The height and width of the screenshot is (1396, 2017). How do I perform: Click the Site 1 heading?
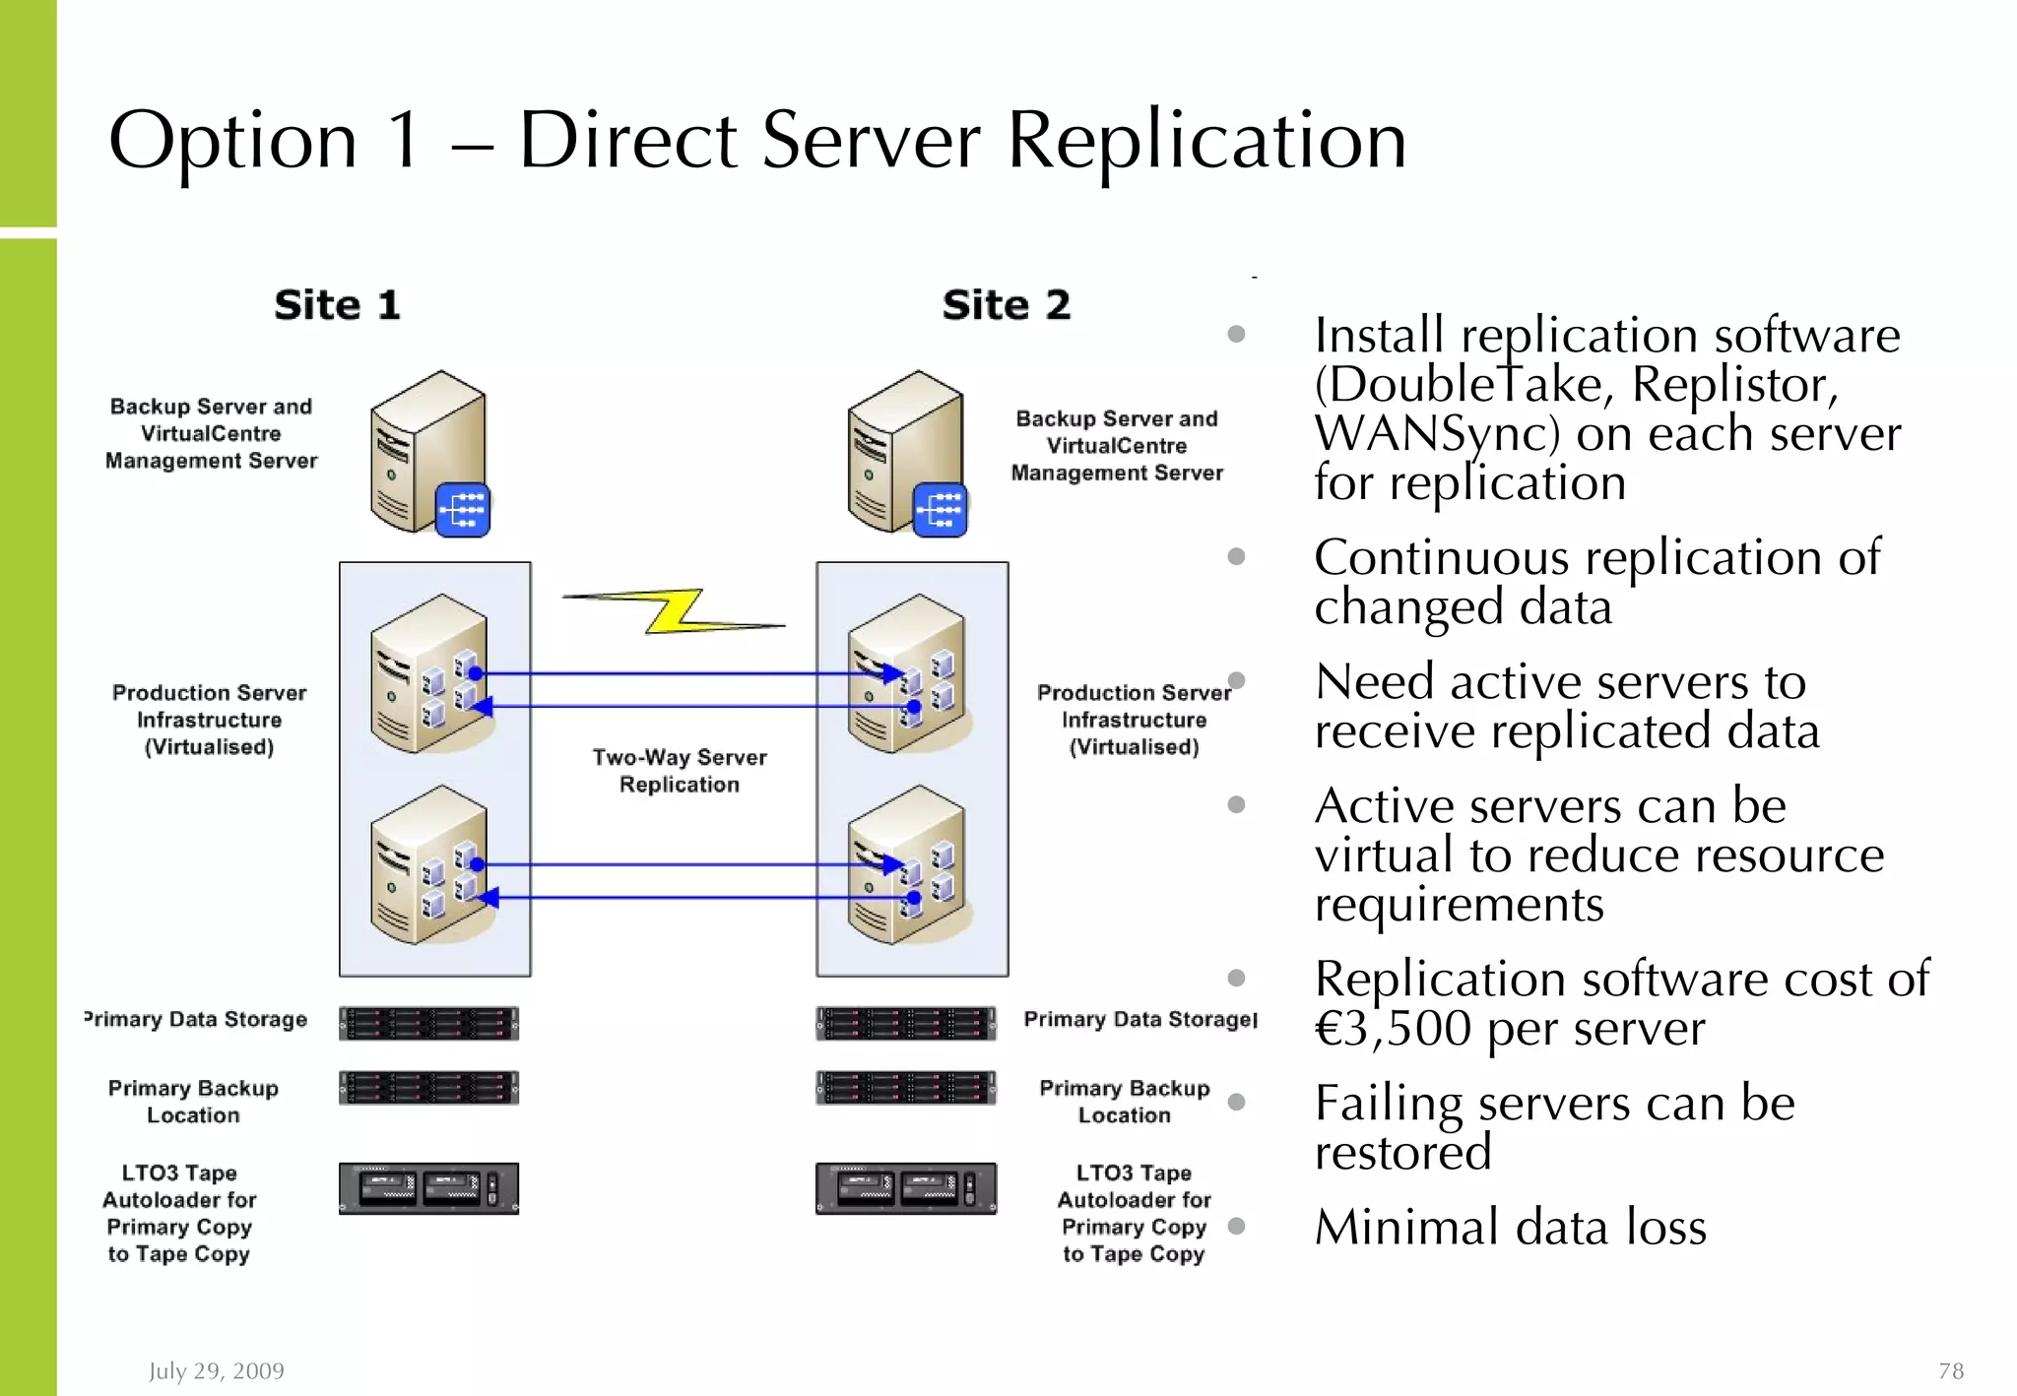[x=337, y=305]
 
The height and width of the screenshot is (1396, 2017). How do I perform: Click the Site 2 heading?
[x=1006, y=305]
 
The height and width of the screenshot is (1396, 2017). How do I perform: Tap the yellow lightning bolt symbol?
[x=675, y=611]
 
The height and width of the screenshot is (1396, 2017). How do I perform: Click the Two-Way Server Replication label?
[x=679, y=771]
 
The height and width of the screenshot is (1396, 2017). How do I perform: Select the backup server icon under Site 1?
[x=427, y=452]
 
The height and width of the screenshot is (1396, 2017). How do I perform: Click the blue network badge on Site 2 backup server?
[x=940, y=510]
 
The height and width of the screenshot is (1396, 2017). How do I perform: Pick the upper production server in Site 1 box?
[x=429, y=674]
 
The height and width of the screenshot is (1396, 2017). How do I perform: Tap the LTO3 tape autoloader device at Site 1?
[x=428, y=1188]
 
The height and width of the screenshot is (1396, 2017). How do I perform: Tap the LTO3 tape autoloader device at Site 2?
[x=905, y=1188]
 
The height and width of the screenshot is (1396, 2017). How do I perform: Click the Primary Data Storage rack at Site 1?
[x=428, y=1024]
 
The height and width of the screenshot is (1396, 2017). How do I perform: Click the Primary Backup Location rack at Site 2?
[x=905, y=1088]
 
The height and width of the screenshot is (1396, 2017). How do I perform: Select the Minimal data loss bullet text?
[x=1510, y=1227]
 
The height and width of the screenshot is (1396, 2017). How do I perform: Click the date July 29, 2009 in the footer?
[x=216, y=1370]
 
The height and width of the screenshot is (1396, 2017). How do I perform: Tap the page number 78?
[x=1950, y=1370]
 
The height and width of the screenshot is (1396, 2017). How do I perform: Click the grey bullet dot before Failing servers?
[x=1237, y=1102]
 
